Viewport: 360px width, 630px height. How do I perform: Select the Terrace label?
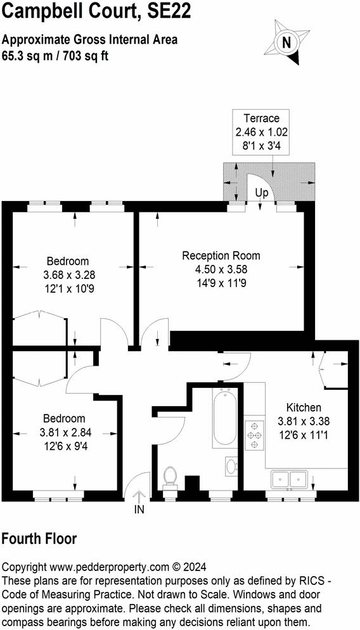coord(260,118)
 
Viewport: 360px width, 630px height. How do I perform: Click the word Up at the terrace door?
coord(261,192)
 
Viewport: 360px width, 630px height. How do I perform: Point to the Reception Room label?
coord(221,255)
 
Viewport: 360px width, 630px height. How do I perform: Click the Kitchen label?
coord(304,407)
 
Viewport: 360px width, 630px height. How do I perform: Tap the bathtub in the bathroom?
coord(224,418)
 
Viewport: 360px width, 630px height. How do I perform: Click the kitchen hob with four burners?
coord(255,436)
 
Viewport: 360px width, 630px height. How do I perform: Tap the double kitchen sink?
coord(289,480)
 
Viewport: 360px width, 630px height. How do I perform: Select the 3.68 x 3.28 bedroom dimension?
coord(69,275)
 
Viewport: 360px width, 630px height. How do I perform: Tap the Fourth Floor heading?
coord(39,539)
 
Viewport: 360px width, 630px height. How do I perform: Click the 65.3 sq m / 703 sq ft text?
coord(55,55)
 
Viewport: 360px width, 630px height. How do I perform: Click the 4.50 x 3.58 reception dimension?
coord(221,269)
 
